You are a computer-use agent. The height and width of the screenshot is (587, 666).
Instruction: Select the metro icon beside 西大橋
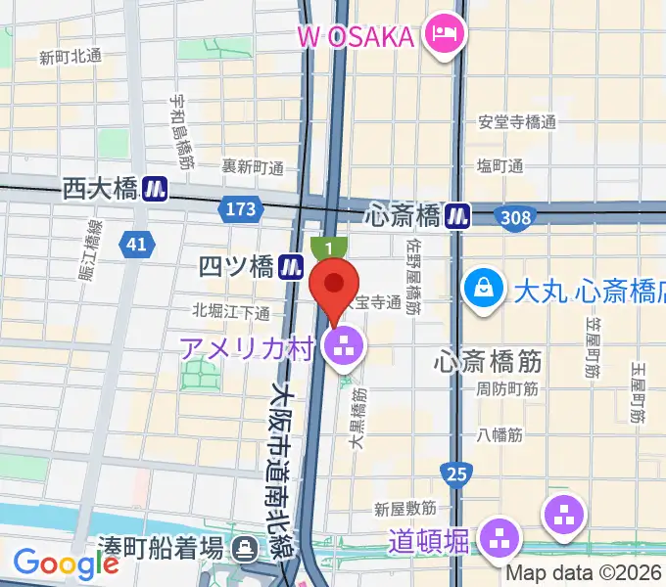155,188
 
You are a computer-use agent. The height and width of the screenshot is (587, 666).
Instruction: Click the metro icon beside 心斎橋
456,214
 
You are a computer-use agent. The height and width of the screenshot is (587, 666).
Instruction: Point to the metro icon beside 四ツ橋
289,265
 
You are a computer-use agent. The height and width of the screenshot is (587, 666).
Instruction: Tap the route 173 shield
240,209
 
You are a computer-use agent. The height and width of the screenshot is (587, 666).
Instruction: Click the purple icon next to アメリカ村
344,343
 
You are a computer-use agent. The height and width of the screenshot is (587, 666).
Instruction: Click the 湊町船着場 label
159,544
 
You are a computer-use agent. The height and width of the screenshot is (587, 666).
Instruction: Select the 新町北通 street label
70,57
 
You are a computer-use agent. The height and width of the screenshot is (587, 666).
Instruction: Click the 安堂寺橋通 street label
516,123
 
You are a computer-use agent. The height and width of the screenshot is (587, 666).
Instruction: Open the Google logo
65,564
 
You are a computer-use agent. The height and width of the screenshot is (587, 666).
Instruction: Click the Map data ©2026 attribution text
584,572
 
